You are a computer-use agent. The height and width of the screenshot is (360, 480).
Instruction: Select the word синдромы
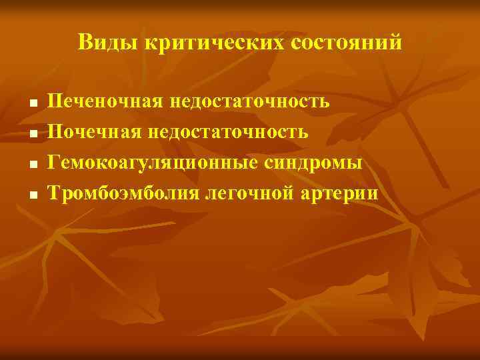click(x=319, y=163)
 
